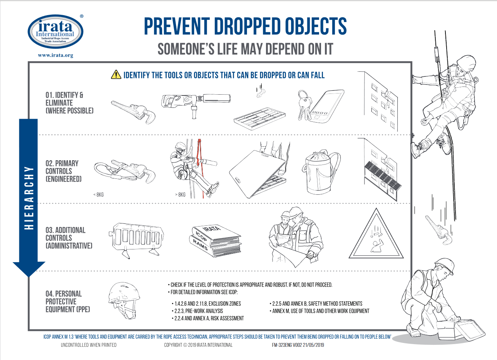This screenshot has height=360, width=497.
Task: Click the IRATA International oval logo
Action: (x=55, y=32)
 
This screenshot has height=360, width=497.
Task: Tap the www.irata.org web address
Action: (x=55, y=55)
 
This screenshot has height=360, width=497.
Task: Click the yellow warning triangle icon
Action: (x=116, y=74)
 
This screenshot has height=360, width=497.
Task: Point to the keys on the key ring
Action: (x=304, y=105)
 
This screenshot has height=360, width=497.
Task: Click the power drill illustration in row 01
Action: (x=196, y=104)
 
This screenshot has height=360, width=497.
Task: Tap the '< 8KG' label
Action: (x=98, y=195)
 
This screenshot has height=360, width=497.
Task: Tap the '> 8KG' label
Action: (x=180, y=195)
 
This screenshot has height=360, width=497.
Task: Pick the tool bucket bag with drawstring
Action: (x=321, y=172)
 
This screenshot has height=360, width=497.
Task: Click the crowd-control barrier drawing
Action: (x=136, y=240)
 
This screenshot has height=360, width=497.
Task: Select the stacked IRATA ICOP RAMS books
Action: (x=215, y=241)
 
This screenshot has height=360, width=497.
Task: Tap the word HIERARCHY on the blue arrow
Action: (x=29, y=198)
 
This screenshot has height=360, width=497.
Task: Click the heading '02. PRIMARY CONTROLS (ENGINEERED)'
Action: (x=64, y=171)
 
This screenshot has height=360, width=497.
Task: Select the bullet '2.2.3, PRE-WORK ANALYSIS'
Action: (x=197, y=311)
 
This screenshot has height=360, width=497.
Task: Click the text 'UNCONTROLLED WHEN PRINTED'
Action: (x=89, y=345)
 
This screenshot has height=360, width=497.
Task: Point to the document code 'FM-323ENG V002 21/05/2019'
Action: (x=298, y=345)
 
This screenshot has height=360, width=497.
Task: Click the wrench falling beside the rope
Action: (x=438, y=230)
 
